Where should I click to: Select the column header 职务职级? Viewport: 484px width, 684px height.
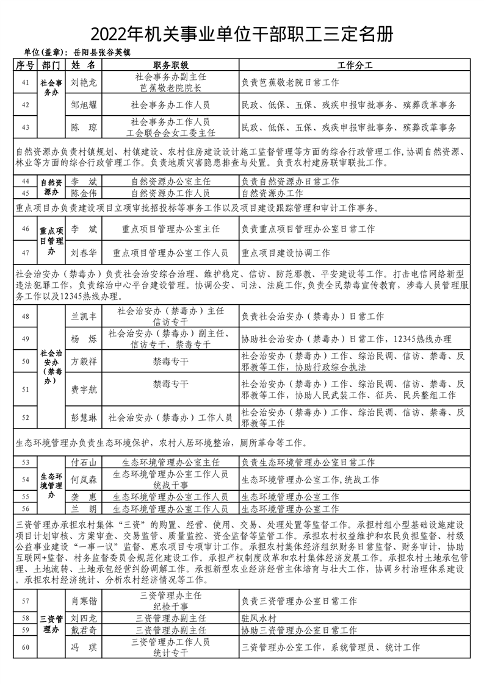[x=170, y=65]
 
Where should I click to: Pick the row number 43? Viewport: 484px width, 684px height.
[x=25, y=127]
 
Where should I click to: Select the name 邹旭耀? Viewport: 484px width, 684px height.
[x=84, y=105]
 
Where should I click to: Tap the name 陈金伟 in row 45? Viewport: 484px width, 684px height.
[x=84, y=193]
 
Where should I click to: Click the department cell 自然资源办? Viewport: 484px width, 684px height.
[x=51, y=187]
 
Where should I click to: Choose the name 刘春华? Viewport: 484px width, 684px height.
[x=84, y=252]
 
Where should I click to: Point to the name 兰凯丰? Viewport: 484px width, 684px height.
[x=84, y=316]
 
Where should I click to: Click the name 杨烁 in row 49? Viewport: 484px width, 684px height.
[x=84, y=339]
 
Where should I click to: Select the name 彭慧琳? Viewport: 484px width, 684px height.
[x=84, y=418]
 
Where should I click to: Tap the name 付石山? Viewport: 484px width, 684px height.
[x=84, y=463]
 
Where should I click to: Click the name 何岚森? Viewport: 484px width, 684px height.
[x=84, y=480]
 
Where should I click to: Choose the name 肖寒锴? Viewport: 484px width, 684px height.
[x=84, y=601]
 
